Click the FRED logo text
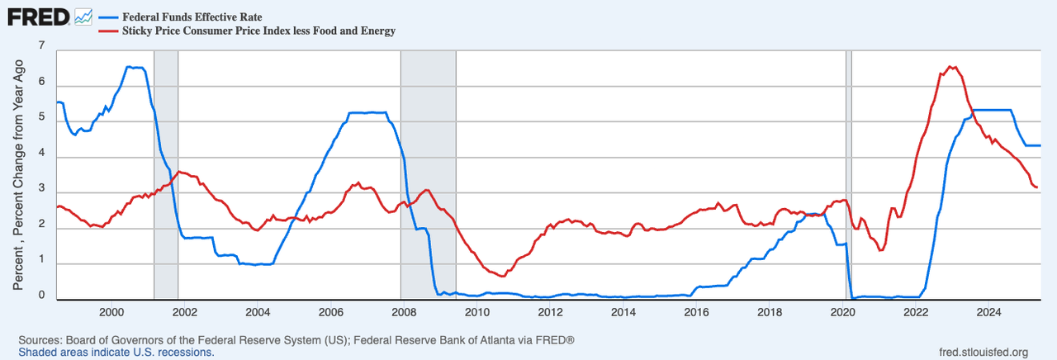click(38, 17)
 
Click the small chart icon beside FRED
click(83, 17)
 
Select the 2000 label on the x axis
click(111, 312)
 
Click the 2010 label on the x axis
click(476, 312)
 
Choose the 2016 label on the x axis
click(696, 312)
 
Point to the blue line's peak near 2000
click(132, 67)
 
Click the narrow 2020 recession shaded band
click(848, 165)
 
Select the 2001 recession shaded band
click(166, 165)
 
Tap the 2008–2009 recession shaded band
click(428, 165)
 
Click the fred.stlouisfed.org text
click(979, 353)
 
